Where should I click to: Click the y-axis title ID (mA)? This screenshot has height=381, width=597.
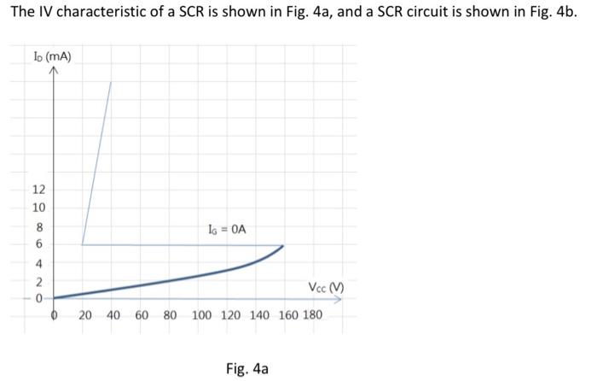click(x=54, y=57)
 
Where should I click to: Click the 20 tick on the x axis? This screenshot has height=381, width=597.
click(x=86, y=316)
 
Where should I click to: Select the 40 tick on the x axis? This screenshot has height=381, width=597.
click(x=113, y=316)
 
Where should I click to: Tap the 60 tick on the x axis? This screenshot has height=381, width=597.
click(x=142, y=316)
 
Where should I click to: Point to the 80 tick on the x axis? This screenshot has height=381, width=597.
click(x=170, y=316)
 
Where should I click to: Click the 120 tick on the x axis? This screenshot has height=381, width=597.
click(x=230, y=316)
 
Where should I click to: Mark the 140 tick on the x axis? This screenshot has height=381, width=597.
click(x=259, y=316)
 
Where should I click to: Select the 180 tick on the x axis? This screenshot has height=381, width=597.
click(x=313, y=316)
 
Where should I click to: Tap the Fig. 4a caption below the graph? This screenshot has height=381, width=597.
click(x=247, y=368)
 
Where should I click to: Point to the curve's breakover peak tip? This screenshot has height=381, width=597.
click(x=283, y=245)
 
